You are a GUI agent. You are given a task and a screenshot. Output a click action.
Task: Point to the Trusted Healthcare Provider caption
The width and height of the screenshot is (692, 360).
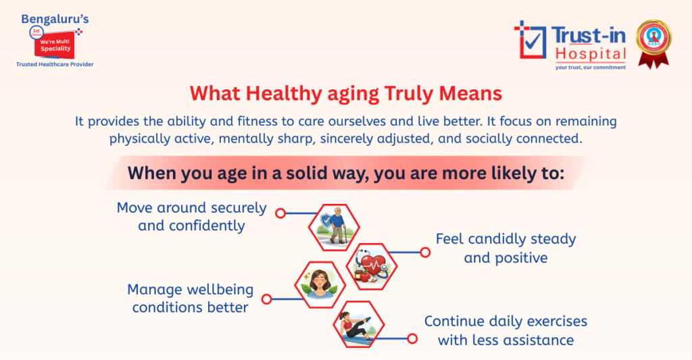tap(55, 64)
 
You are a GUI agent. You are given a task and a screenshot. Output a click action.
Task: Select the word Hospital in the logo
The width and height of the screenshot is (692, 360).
tap(590, 53)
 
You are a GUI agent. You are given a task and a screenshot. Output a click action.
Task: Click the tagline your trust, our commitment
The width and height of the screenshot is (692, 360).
tap(590, 67)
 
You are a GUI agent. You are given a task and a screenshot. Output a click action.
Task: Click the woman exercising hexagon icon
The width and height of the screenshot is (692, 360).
tap(359, 326)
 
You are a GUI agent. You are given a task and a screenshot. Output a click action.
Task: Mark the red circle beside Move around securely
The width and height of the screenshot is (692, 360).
tap(280, 212)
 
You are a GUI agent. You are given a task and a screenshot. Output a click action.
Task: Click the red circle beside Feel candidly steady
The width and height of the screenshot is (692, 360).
tap(425, 253)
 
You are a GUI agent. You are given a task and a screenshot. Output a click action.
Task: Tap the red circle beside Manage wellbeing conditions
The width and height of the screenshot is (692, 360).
tap(266, 299)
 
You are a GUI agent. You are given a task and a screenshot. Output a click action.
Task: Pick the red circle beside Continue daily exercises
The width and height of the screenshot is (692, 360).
tap(412, 338)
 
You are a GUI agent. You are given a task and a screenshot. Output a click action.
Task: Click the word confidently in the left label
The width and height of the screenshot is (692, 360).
tap(191, 226)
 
